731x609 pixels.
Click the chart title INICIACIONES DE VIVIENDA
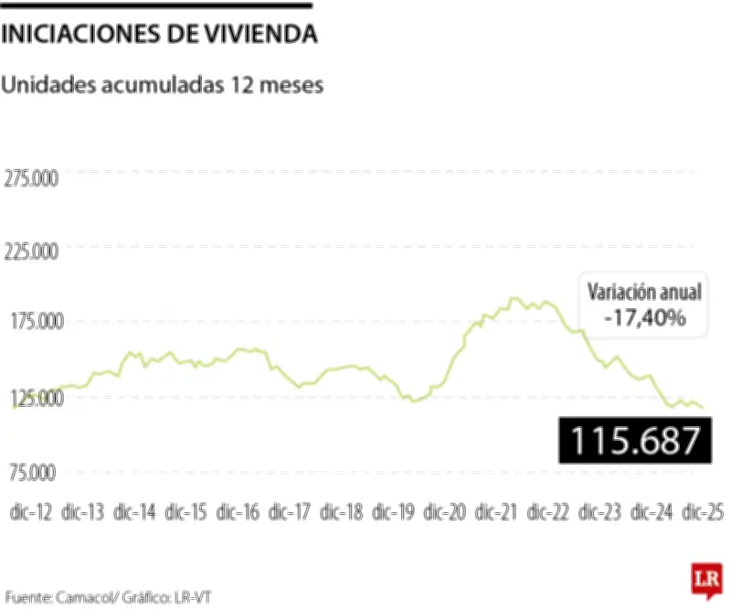160,36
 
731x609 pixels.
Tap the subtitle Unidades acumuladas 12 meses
164,85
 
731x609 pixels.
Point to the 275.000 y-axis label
32,177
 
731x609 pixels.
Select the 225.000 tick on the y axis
32,251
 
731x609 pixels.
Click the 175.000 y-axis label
32,322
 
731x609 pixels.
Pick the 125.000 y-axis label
32,399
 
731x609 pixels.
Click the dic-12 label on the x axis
31,512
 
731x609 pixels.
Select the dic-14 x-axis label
134,512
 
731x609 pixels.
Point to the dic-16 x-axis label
238,512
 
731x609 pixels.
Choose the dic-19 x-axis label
393,512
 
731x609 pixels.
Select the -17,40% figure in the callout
644,318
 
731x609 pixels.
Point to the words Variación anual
644,293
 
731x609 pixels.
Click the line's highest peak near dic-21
514,298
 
